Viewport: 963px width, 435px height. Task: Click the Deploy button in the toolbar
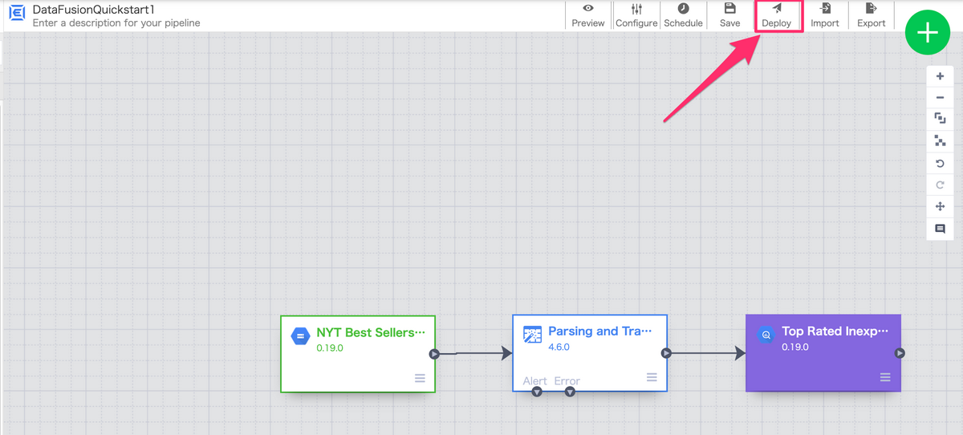click(777, 15)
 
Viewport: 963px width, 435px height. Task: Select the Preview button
click(587, 15)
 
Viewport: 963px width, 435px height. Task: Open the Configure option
click(636, 15)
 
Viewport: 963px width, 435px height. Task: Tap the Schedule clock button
click(683, 15)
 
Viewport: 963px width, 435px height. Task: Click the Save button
click(730, 15)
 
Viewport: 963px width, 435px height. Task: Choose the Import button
click(825, 15)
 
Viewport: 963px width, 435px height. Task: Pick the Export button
click(871, 15)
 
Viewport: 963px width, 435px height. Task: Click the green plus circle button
click(928, 32)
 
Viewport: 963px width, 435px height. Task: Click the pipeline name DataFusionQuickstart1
click(93, 10)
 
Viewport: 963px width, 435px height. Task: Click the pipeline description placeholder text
click(116, 22)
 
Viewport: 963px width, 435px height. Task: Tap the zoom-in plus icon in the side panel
click(941, 76)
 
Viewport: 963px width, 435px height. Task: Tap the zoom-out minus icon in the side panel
click(941, 98)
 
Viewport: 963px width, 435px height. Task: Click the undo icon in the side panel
click(941, 164)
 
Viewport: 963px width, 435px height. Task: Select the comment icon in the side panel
click(941, 229)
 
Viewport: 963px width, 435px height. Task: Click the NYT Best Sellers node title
click(371, 333)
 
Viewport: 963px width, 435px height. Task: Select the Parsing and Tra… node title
click(599, 331)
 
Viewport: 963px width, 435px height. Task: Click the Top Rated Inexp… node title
click(835, 331)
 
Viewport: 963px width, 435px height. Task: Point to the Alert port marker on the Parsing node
click(537, 392)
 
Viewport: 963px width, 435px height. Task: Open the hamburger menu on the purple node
click(885, 377)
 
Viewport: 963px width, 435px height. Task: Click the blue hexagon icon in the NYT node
click(300, 336)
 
